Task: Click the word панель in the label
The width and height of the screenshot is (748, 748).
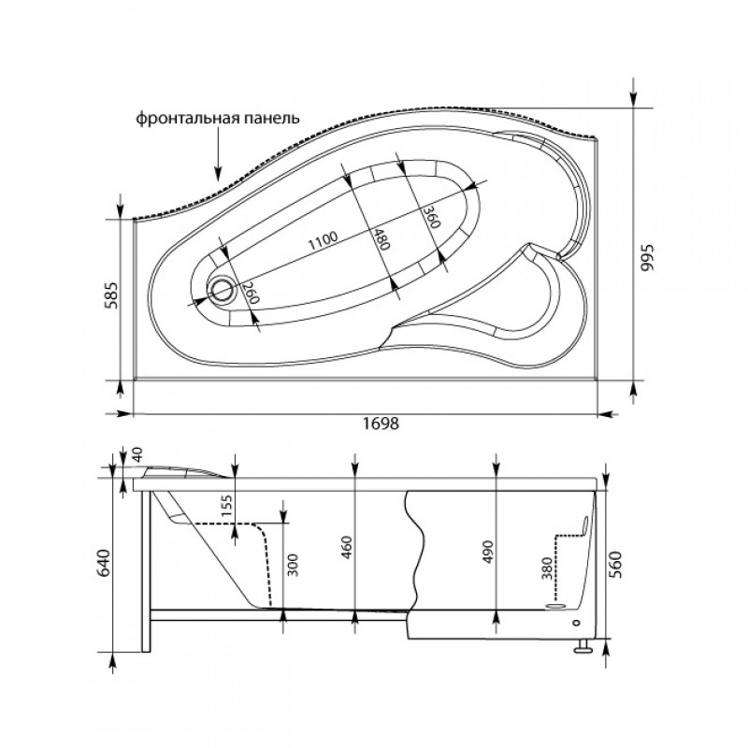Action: [271, 118]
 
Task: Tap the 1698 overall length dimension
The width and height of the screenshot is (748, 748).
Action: [381, 423]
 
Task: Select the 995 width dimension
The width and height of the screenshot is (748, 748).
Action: [647, 258]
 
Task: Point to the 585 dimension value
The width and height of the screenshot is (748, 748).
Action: [111, 295]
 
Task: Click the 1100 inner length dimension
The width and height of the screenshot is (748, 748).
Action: [323, 241]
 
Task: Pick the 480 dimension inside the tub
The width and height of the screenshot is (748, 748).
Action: [381, 238]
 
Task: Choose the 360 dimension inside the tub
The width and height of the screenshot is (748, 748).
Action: [430, 217]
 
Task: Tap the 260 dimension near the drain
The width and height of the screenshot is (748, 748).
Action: [250, 293]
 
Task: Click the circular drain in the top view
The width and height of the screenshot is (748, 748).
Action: [222, 290]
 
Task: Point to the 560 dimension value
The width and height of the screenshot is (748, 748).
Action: [617, 565]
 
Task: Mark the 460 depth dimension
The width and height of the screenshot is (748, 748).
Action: [347, 548]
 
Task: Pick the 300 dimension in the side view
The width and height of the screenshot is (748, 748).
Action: [293, 566]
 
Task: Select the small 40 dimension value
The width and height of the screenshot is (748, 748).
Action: [137, 454]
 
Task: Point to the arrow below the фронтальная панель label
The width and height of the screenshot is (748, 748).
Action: [218, 154]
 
